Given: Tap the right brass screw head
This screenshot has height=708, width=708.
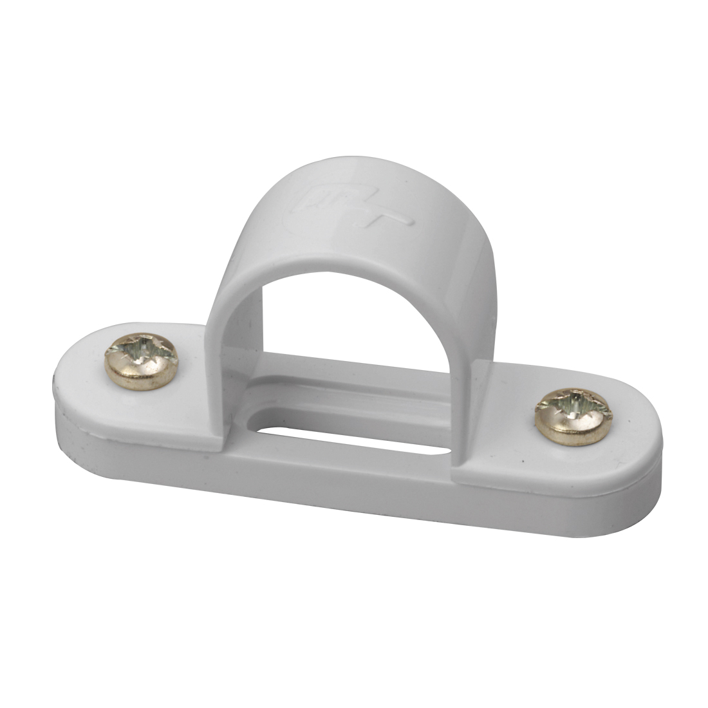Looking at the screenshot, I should point(572,416).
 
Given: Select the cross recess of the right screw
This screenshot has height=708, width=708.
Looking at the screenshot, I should point(572,408).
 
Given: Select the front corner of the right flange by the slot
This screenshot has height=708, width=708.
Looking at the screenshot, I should point(460,473).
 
